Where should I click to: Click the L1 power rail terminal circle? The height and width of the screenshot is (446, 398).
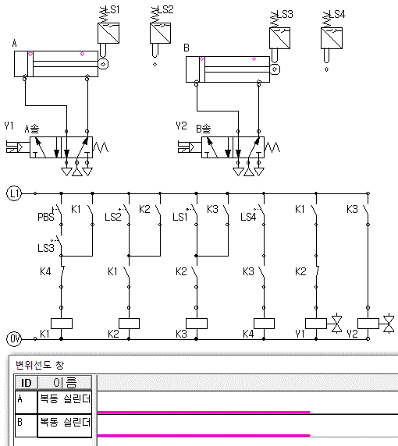point(14,193)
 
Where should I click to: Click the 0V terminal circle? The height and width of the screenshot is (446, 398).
point(14,338)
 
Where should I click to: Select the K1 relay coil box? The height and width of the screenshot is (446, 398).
point(62,324)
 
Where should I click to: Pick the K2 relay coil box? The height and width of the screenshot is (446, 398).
point(129,324)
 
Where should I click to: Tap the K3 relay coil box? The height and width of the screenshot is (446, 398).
point(197,324)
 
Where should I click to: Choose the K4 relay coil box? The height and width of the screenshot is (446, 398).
point(264,324)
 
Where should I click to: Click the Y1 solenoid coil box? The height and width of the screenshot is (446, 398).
point(316,324)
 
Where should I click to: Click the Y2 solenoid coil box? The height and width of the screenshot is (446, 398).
point(368,324)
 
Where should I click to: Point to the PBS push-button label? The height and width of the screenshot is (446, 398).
point(45,217)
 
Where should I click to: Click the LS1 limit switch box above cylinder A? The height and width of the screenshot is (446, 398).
point(108,33)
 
